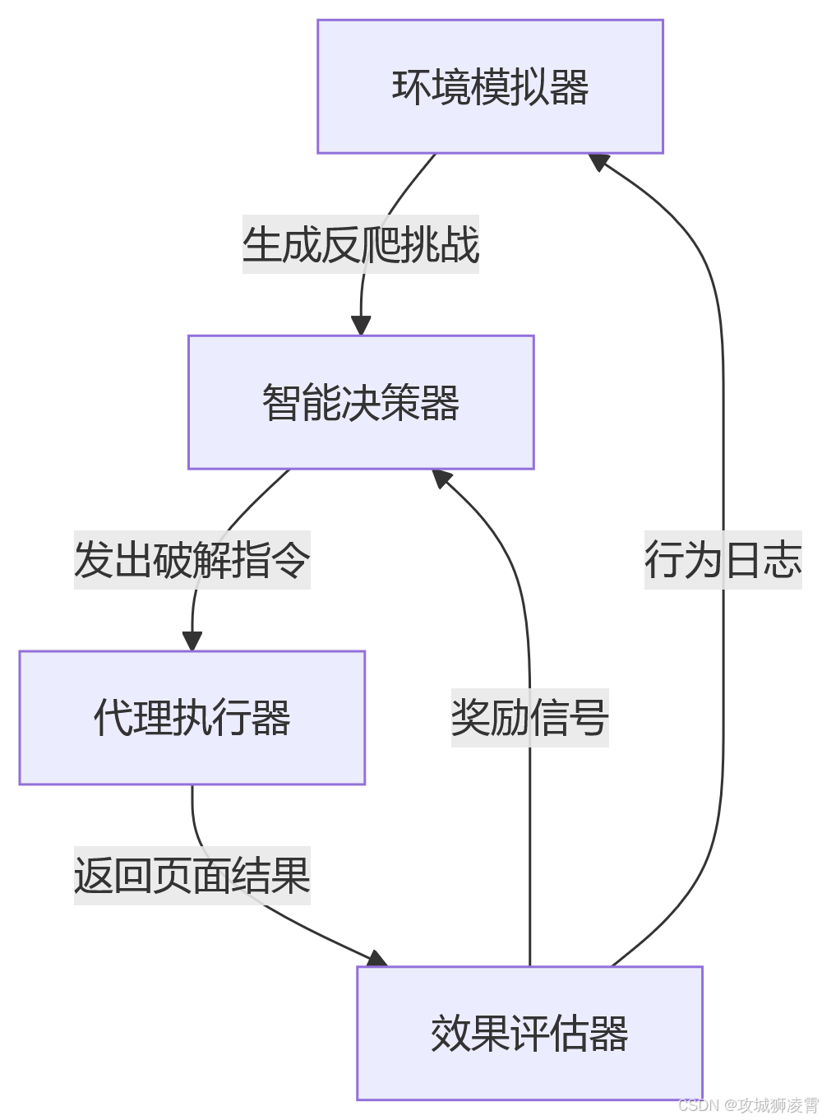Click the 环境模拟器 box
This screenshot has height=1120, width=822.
(490, 86)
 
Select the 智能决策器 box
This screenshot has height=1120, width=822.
(361, 402)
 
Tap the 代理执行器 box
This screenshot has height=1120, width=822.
(192, 718)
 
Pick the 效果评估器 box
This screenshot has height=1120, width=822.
(529, 1033)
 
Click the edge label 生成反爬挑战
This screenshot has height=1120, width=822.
(360, 244)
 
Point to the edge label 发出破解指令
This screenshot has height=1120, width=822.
(192, 560)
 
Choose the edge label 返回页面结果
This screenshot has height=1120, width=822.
(192, 875)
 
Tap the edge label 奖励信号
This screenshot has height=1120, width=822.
(529, 718)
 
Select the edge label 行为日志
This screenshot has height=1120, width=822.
(723, 560)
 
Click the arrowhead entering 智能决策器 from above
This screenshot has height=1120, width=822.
(361, 326)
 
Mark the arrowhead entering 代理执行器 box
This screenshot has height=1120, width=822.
(192, 641)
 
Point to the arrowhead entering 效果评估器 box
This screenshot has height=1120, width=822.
(376, 959)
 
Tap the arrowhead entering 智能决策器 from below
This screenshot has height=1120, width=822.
(442, 478)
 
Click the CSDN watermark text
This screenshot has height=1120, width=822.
(748, 1105)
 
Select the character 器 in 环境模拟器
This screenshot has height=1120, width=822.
(570, 87)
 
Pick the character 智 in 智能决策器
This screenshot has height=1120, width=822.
(281, 403)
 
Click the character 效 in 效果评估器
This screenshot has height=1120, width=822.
(450, 1034)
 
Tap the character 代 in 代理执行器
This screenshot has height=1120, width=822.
(113, 718)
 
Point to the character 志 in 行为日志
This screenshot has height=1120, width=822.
(782, 560)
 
